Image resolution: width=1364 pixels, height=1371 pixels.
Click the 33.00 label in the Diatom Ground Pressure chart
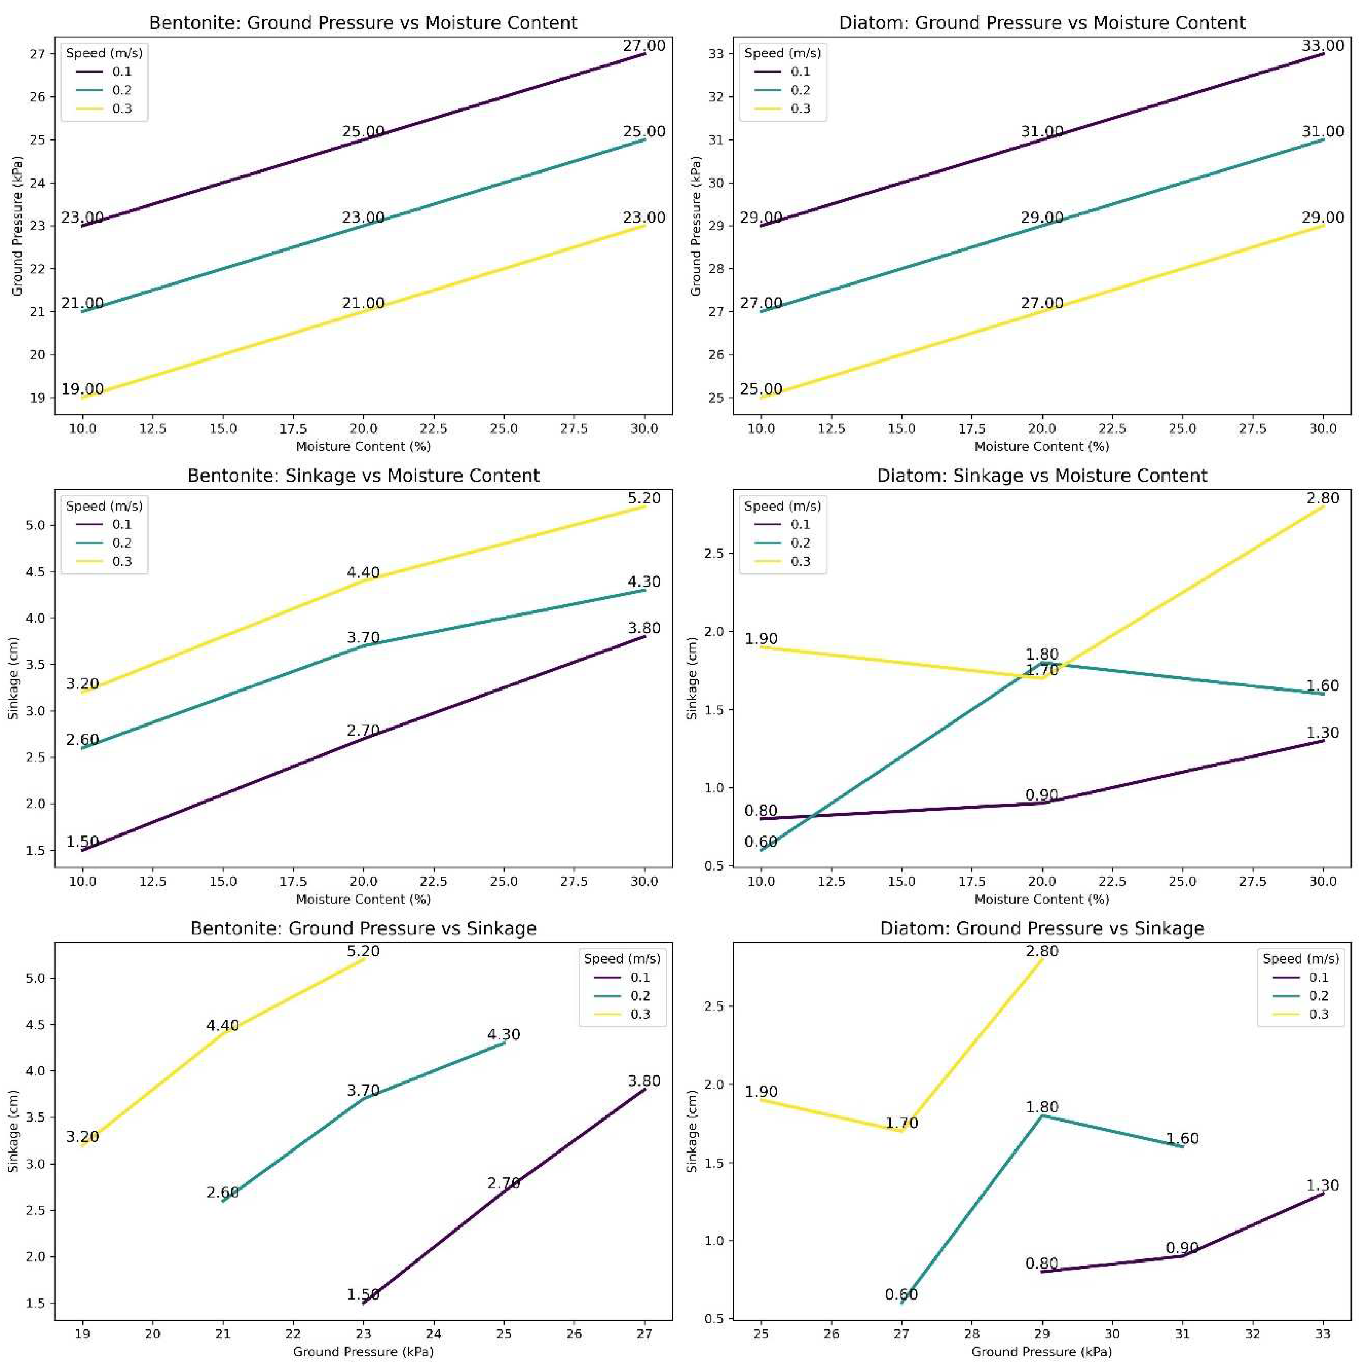pos(1322,45)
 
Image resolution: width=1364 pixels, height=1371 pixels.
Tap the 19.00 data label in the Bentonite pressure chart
pos(82,389)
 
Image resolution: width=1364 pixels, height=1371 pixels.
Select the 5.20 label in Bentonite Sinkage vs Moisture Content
pos(644,498)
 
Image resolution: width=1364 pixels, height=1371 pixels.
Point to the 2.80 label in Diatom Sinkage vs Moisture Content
pos(1322,498)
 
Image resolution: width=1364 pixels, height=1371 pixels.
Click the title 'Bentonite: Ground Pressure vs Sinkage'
pos(363,928)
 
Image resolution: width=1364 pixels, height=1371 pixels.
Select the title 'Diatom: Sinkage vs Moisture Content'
pos(1041,476)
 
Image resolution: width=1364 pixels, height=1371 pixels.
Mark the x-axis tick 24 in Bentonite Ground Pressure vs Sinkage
pos(433,1334)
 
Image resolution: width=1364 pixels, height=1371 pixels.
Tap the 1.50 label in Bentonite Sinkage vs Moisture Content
pos(82,842)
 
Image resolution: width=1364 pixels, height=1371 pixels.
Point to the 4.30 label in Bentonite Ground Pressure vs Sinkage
pos(503,1035)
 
